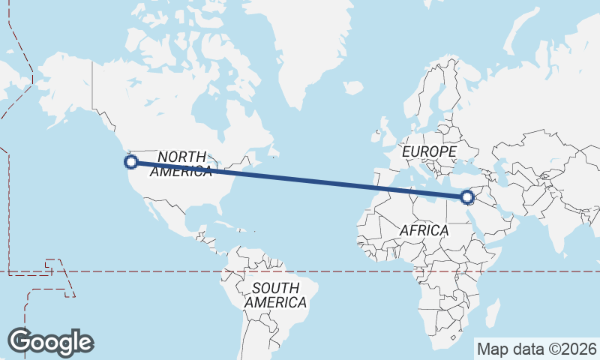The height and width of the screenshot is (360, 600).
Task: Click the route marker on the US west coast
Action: click(131, 161)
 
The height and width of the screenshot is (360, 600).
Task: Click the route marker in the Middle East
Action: click(467, 197)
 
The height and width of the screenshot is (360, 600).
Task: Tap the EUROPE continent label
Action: click(429, 151)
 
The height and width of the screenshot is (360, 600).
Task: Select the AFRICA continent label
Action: click(424, 230)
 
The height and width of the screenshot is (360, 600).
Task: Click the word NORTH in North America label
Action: click(181, 156)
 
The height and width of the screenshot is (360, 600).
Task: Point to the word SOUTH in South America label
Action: click(275, 288)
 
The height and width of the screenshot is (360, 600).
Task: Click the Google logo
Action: click(50, 341)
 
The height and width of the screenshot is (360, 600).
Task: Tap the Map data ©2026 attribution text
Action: click(536, 349)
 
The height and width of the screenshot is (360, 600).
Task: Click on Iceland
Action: click(353, 88)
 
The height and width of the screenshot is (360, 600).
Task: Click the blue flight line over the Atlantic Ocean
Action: click(300, 179)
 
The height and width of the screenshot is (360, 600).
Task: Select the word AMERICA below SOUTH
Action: click(275, 303)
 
